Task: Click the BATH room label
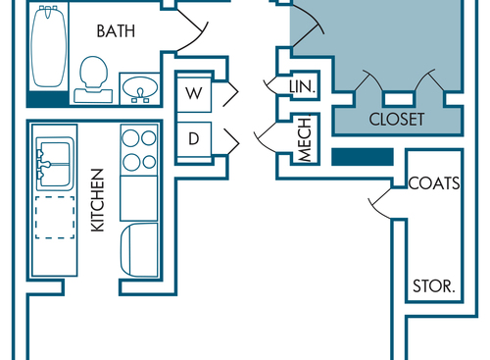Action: pos(116,31)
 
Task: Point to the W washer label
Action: pos(194,93)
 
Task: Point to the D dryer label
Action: pos(194,138)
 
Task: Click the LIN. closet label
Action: pos(302,87)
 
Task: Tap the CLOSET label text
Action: pos(397,120)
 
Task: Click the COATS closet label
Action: pos(435,183)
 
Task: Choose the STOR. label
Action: pos(432,287)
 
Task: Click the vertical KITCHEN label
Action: pos(97,200)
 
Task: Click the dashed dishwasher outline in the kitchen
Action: pos(54,217)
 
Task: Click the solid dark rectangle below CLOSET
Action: pos(363,157)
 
